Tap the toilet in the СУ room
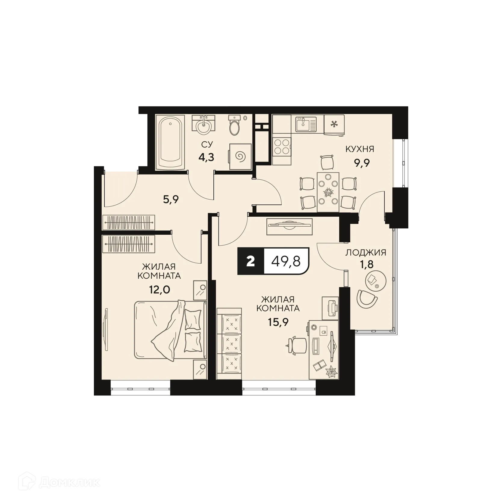(234, 126)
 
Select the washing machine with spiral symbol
(240, 156)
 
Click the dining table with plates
(328, 192)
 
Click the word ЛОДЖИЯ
(365, 252)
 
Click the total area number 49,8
(286, 261)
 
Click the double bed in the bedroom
(170, 330)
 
